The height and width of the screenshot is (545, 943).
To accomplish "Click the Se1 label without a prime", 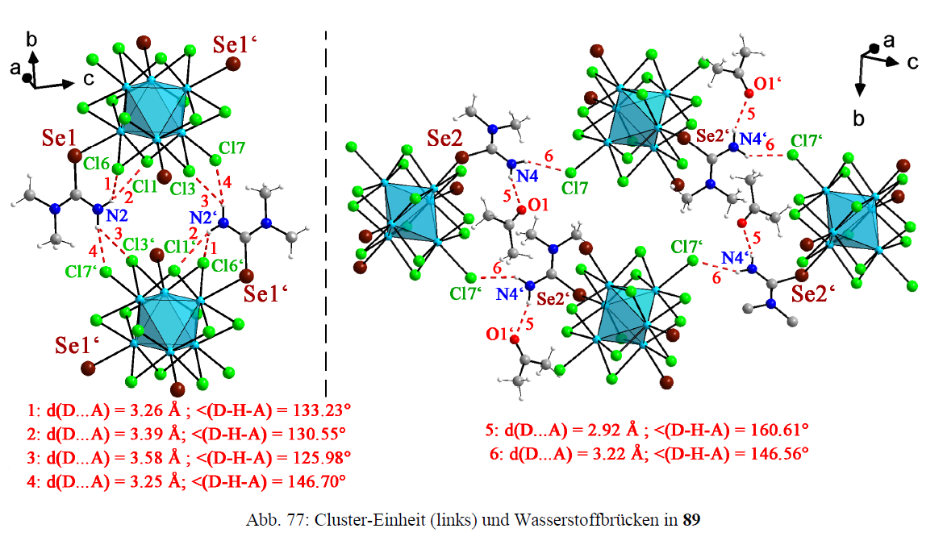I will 57,139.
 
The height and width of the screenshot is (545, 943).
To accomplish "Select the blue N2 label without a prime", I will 118,215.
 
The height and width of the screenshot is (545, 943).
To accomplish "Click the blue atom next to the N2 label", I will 98,210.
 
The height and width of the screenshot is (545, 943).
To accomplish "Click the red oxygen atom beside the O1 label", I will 520,210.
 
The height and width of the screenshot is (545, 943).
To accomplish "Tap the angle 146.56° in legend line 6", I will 771,454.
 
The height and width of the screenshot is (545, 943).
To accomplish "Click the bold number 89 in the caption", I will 691,520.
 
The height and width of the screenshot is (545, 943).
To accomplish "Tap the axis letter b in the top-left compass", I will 31,39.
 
